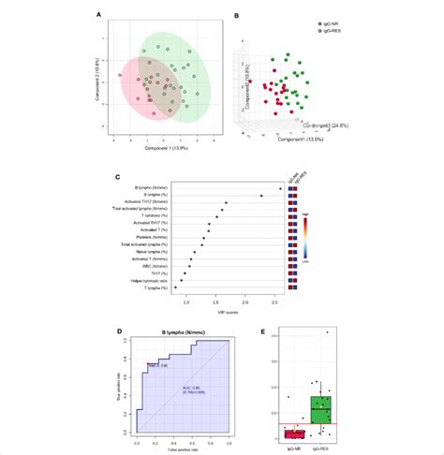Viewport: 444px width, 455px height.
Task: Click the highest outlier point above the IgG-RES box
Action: pyautogui.click(x=327, y=332)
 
